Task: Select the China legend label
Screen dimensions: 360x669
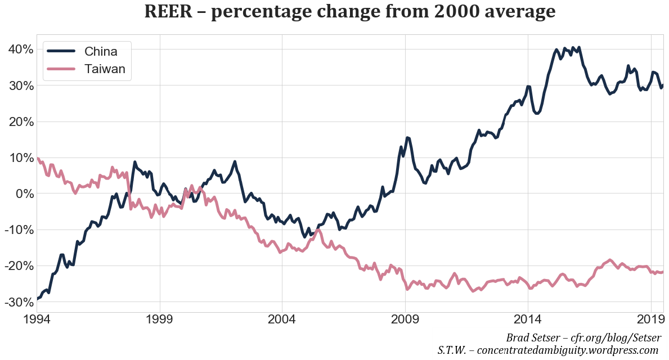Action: [x=101, y=51]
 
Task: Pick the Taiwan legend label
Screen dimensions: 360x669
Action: [x=105, y=69]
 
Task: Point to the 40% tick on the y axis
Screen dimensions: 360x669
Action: [x=20, y=49]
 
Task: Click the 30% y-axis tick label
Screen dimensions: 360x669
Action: [x=20, y=85]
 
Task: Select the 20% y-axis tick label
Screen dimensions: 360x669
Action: [x=20, y=121]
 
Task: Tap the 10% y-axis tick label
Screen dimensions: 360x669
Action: [x=20, y=157]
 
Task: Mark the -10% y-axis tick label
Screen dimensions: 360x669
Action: [x=18, y=229]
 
